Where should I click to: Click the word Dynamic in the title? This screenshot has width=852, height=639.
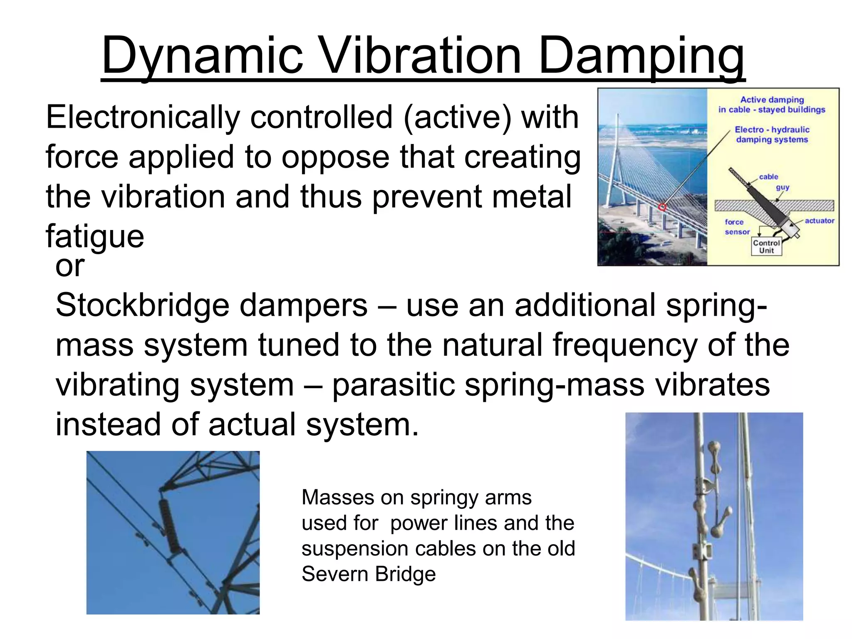coord(203,56)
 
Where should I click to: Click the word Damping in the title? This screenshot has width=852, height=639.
coord(641,56)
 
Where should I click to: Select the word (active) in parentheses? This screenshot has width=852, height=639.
coord(457,118)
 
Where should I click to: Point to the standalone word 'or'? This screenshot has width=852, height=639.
coord(70,266)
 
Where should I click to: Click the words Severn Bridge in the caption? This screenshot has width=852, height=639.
coord(369,575)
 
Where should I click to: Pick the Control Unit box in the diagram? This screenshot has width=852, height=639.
coord(766,247)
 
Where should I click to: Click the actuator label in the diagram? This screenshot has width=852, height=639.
coord(819,221)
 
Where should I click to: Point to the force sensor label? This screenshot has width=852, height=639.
coord(737,227)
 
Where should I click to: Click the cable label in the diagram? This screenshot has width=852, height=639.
coord(768,177)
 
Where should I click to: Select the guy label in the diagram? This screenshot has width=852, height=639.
coord(782,188)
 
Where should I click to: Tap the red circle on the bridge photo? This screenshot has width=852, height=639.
coord(662,207)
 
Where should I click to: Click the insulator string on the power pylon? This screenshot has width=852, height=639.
coord(168,526)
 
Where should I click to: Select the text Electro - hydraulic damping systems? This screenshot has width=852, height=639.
coord(772,135)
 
